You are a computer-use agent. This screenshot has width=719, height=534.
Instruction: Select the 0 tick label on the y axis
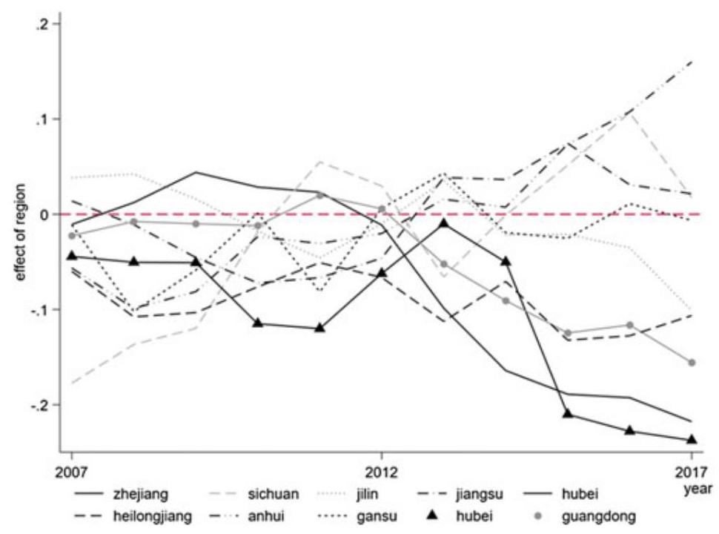coord(44,214)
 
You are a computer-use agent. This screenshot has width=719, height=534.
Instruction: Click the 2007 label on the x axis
coord(71,472)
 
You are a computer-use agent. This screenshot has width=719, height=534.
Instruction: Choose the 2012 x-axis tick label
coord(380,472)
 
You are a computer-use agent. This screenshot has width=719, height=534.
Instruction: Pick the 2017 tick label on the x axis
coord(691,472)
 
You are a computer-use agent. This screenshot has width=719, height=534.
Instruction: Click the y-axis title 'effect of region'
coord(21,233)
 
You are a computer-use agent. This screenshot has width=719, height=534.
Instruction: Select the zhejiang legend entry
coord(122,494)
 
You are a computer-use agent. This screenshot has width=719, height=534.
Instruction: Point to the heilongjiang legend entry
coord(133,516)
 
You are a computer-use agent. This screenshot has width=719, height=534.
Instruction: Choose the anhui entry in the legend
coord(247,516)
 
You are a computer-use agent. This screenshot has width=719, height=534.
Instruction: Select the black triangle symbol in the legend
coord(431,516)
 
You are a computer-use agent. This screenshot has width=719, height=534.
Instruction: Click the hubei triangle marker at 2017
coord(692,440)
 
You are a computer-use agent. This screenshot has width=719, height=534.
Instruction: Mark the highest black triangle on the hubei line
coord(443,223)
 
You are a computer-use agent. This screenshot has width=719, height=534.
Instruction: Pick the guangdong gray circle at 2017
coord(692,363)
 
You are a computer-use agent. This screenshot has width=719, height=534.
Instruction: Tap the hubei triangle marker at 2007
coord(72,256)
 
